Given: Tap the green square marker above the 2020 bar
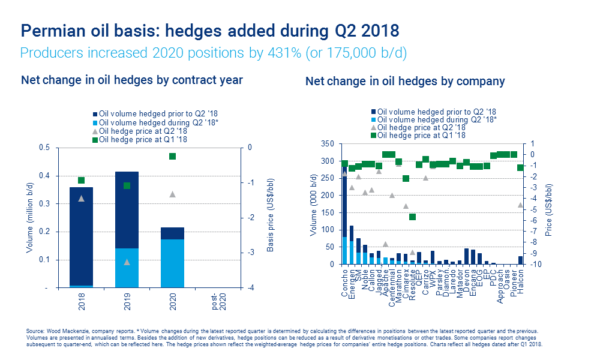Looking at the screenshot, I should click(172, 157).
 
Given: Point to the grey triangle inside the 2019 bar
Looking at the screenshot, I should click(127, 262).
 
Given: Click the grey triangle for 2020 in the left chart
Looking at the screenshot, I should click(172, 194).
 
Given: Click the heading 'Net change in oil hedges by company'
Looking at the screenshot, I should click(405, 81).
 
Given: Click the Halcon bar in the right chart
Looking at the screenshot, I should click(520, 260).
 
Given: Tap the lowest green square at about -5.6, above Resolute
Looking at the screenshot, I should click(412, 217).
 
